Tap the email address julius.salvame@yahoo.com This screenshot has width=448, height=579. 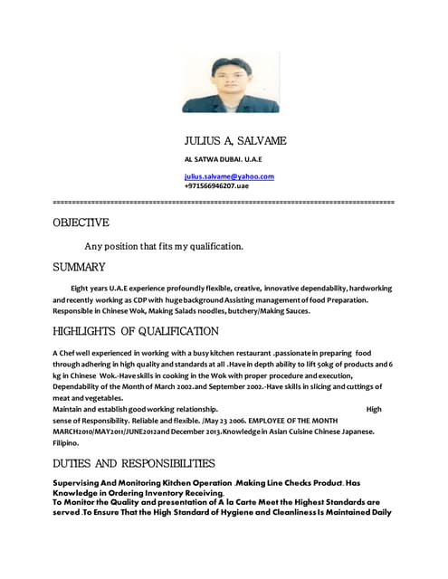(229, 176)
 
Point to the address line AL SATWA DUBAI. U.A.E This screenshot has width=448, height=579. (223, 158)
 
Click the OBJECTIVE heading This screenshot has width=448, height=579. (81, 223)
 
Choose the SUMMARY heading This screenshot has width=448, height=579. (79, 267)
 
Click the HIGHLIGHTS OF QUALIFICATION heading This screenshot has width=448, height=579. (136, 331)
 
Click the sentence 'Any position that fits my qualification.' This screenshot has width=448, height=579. (163, 246)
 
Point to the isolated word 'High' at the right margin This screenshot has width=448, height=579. (374, 409)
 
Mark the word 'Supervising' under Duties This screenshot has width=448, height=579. (81, 483)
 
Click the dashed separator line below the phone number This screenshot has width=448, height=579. (224, 200)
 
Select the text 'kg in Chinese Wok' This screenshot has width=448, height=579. (91, 374)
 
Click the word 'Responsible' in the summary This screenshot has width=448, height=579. (76, 310)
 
